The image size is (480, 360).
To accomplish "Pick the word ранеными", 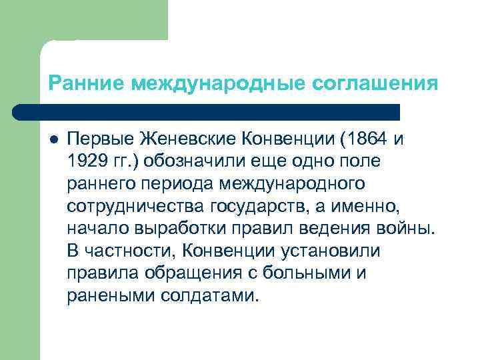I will click(x=111, y=296).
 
